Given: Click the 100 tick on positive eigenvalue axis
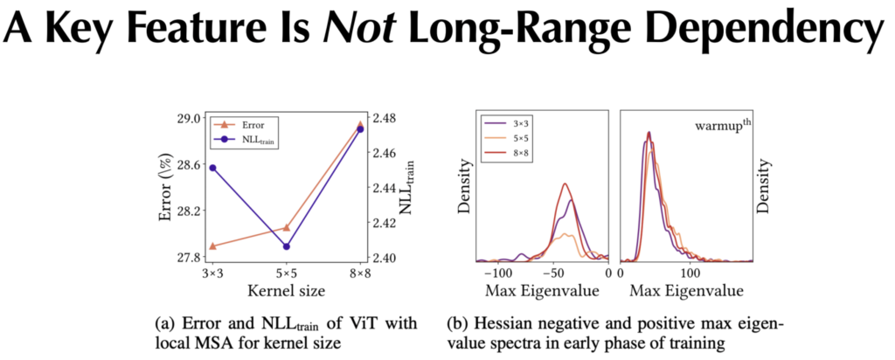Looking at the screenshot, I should (690, 274).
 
